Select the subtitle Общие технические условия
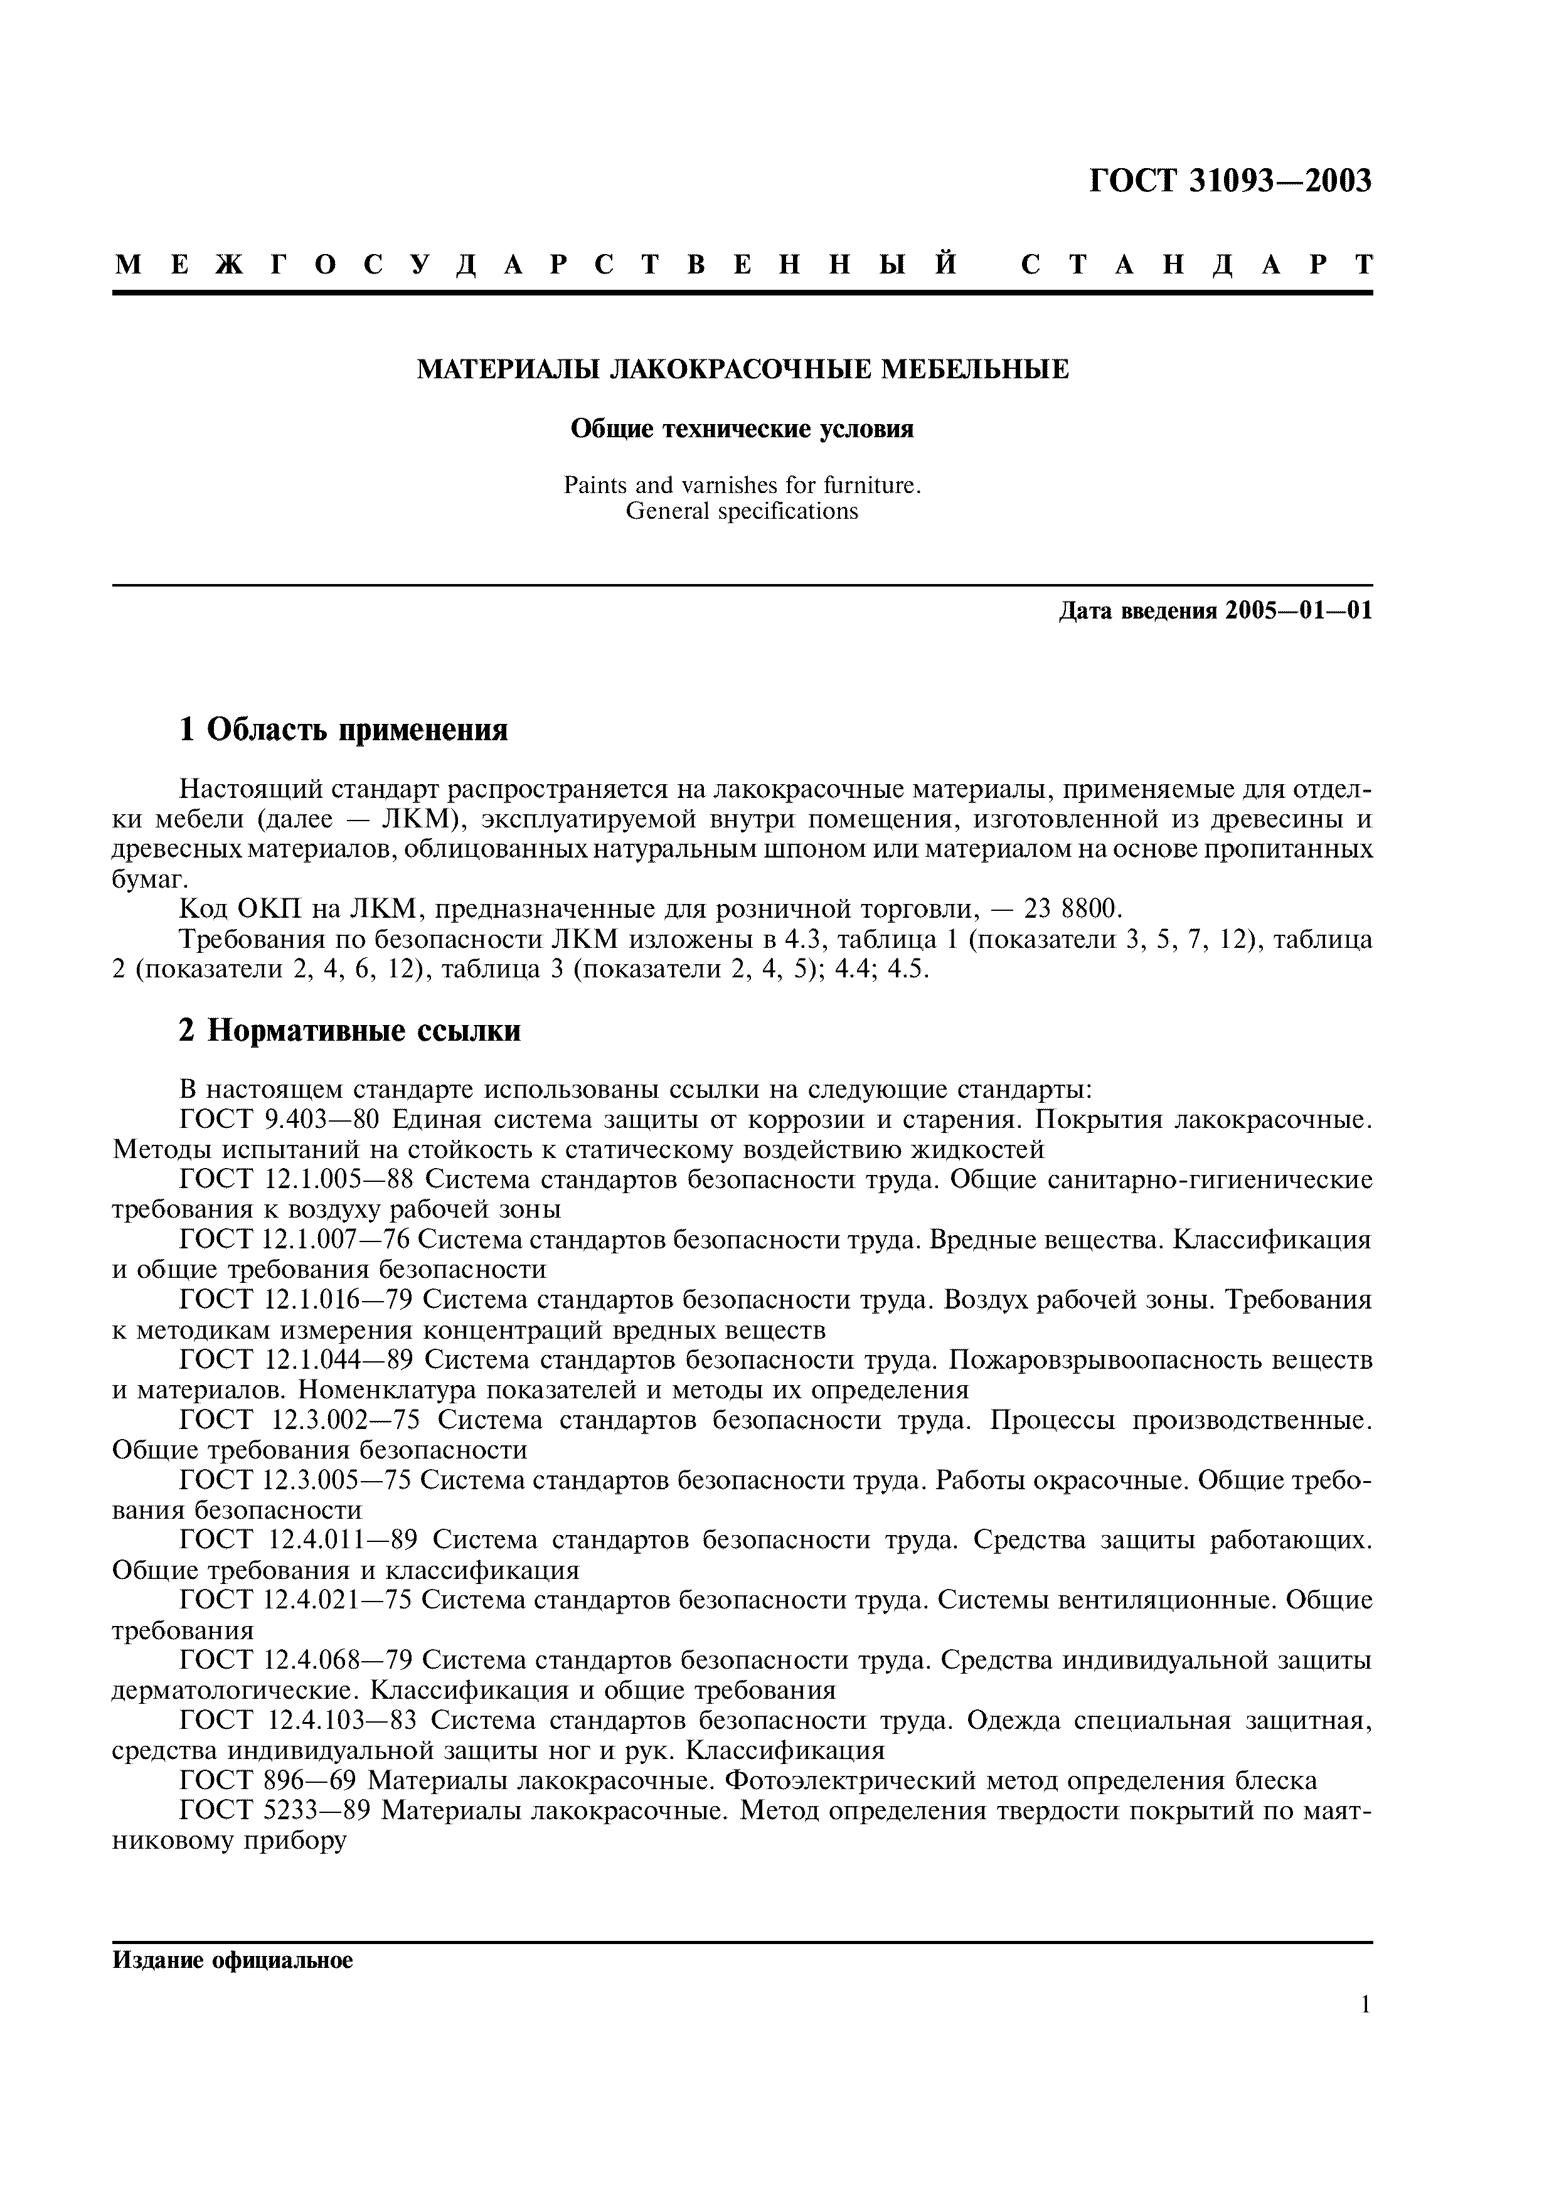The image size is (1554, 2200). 743,429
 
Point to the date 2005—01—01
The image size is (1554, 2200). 1298,610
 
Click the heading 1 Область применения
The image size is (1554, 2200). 343,730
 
